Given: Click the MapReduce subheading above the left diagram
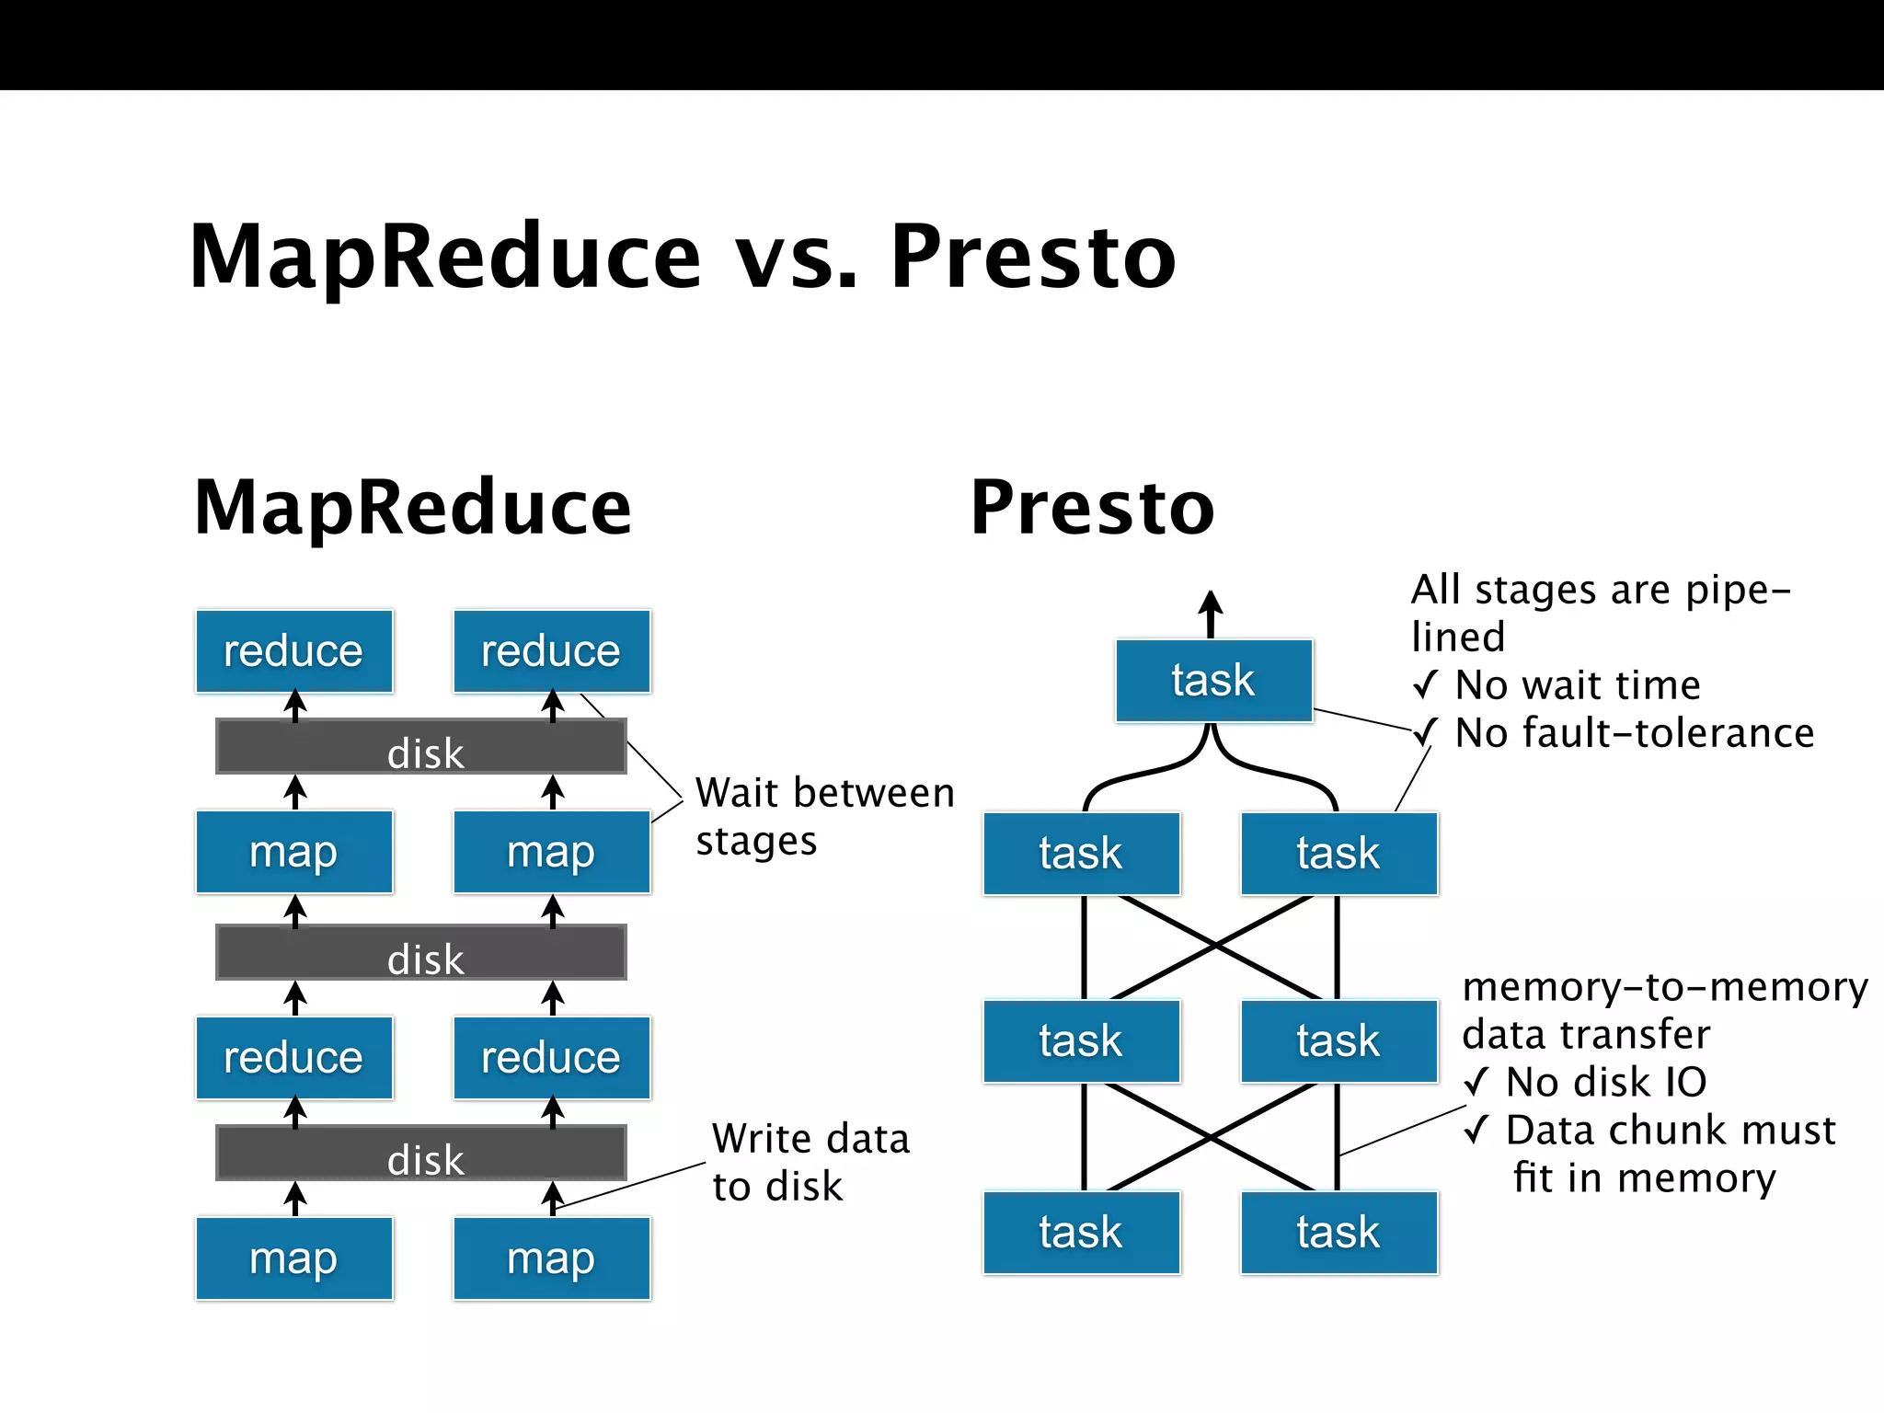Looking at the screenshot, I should [x=413, y=508].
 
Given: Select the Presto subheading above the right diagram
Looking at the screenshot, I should [x=1092, y=508].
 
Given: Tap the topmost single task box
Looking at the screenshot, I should [x=1213, y=681].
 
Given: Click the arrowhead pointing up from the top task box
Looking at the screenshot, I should [x=1211, y=603].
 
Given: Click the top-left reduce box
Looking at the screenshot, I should [x=293, y=651].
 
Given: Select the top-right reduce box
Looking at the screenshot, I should [x=551, y=651].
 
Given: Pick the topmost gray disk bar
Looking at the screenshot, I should [x=421, y=747].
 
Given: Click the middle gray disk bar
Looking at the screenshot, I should [x=421, y=953].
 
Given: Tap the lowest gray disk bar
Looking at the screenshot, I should [x=421, y=1154].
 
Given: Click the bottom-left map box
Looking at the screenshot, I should [x=293, y=1258].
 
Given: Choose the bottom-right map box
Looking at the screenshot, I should [x=551, y=1258].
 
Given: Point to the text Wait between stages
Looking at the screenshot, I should [x=824, y=817].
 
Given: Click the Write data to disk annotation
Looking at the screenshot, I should [x=810, y=1163].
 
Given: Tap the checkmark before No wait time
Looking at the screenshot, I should [x=1425, y=685].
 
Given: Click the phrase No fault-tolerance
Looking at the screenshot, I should [x=1634, y=733].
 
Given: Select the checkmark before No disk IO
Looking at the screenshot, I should [x=1476, y=1083].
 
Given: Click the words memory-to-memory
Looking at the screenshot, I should [x=1665, y=987].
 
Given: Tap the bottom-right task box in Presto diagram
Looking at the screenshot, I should [x=1338, y=1233].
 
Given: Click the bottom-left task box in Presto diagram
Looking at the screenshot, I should [x=1081, y=1233].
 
